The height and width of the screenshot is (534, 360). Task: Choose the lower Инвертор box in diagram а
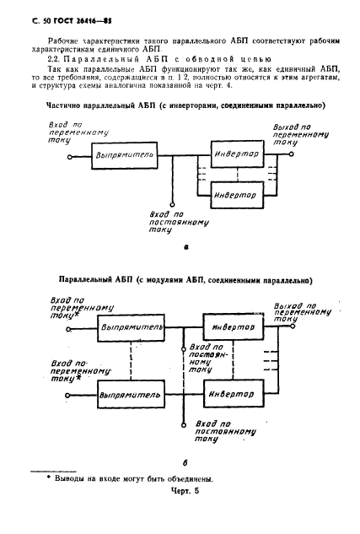pyautogui.click(x=237, y=195)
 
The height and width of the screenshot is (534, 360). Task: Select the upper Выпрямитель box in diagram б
pyautogui.click(x=126, y=325)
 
